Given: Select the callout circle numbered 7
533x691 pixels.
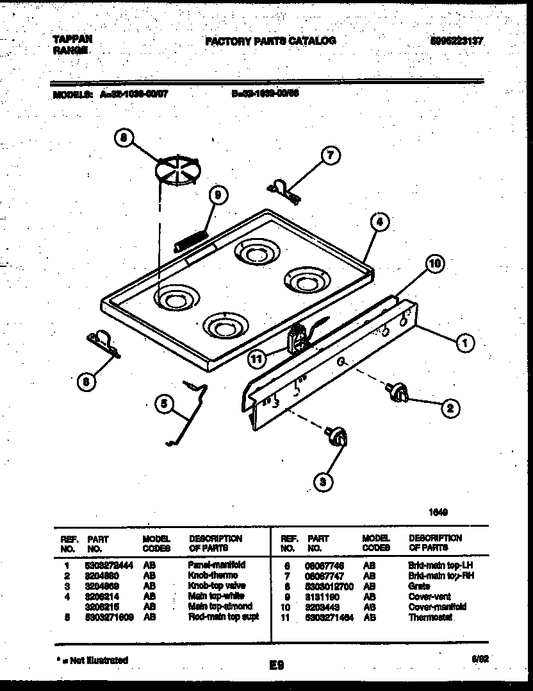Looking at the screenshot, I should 331,156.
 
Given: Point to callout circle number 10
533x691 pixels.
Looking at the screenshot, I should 436,263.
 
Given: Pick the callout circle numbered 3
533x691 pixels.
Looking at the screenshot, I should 324,481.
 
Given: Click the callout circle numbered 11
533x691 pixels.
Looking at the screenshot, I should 258,359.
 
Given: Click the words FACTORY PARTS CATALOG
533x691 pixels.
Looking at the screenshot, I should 270,41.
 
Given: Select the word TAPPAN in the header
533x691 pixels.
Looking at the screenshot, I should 72,39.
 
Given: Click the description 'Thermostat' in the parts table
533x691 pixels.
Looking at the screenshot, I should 430,617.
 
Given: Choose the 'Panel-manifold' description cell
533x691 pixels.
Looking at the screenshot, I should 217,565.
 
